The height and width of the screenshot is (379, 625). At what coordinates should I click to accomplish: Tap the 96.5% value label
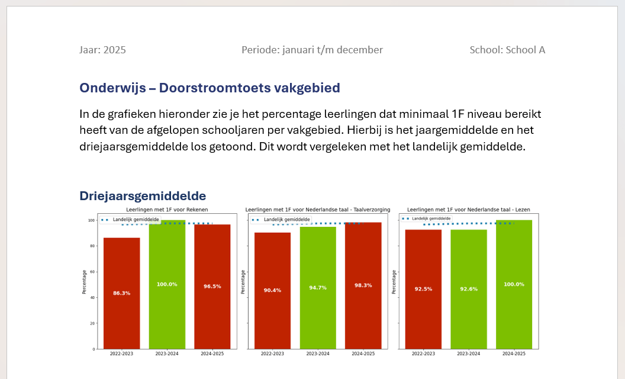pos(212,287)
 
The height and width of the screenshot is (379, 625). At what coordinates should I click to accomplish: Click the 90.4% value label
pos(272,290)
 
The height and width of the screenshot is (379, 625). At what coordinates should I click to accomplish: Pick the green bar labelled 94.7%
pos(318,288)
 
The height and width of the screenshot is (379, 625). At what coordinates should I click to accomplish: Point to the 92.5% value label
pos(423,289)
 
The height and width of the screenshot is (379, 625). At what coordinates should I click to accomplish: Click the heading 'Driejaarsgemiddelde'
pos(143,196)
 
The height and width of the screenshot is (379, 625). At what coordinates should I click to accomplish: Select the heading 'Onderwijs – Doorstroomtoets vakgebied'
pos(210,88)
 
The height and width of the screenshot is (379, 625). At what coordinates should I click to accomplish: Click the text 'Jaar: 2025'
pos(102,50)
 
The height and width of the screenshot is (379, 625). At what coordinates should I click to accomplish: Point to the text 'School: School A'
pos(507,50)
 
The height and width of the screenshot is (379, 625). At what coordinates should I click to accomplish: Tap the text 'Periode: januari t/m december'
pos(312,50)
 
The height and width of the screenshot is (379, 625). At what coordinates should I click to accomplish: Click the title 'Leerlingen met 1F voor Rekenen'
pos(167,210)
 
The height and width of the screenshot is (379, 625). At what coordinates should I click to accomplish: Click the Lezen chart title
pos(469,210)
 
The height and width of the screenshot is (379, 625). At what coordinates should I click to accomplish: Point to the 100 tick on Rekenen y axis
pos(91,220)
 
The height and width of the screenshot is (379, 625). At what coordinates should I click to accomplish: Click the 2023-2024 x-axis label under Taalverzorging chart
pos(318,354)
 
